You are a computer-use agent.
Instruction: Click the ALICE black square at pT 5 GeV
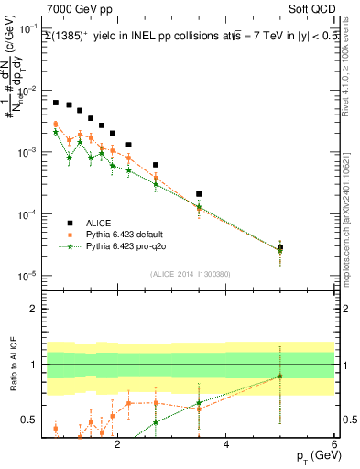[x=280, y=247]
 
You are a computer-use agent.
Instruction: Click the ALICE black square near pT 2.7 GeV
[x=156, y=165]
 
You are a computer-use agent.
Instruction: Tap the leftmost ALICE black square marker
[x=56, y=103]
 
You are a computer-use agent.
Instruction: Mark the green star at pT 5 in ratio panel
[x=280, y=376]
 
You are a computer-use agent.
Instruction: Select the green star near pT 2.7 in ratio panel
[x=156, y=422]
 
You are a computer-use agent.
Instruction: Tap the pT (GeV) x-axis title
[x=311, y=455]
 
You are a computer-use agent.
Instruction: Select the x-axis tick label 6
[x=334, y=444]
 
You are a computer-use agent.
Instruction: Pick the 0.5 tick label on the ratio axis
[x=31, y=420]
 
